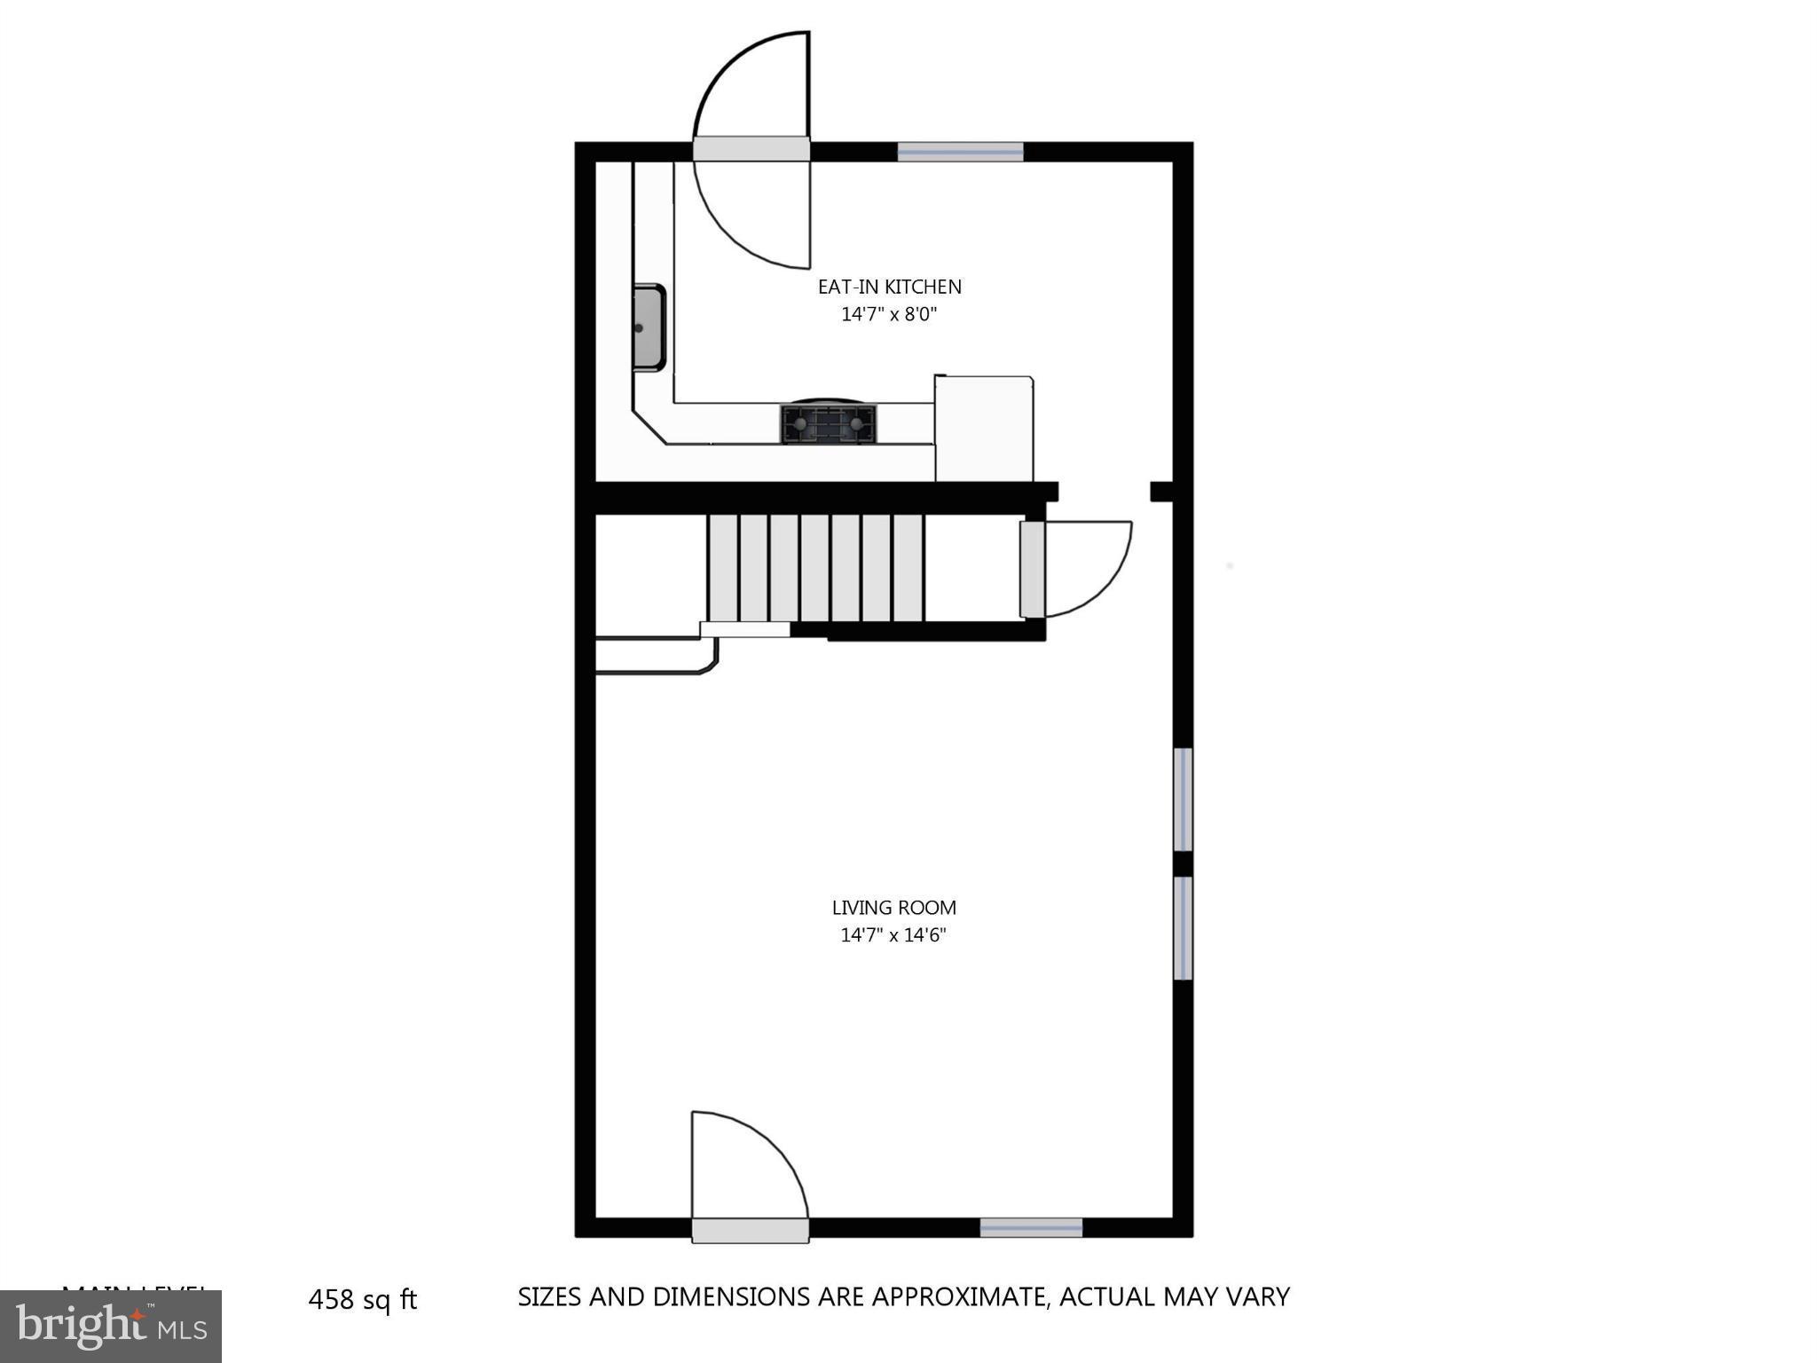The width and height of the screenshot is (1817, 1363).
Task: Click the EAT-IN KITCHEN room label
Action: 889,287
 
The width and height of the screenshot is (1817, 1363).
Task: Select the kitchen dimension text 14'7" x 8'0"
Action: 889,314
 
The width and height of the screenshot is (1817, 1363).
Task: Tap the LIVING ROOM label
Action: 893,908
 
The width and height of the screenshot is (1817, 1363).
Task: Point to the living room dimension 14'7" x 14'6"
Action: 893,935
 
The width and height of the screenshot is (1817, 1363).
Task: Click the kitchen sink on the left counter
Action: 649,327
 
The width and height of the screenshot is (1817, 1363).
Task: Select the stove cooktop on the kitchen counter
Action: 828,424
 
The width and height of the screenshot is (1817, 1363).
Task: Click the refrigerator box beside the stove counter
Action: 984,429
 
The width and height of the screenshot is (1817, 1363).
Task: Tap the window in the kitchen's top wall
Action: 960,152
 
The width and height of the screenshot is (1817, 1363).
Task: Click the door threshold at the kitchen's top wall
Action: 751,149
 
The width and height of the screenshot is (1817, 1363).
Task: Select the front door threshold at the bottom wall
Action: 750,1230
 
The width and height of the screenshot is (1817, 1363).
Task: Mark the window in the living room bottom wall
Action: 1031,1228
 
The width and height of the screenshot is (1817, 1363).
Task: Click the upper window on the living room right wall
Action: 1183,800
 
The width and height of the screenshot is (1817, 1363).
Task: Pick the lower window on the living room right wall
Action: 1183,928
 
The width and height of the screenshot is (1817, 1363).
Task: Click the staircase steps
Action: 815,568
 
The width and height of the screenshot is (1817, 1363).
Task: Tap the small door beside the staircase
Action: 1031,569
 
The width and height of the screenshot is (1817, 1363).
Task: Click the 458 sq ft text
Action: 362,1300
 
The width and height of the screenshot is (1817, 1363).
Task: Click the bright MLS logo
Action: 110,1327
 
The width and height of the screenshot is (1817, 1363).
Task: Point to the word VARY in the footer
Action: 1257,1297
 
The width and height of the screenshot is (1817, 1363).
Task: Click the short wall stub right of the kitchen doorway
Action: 1161,492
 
